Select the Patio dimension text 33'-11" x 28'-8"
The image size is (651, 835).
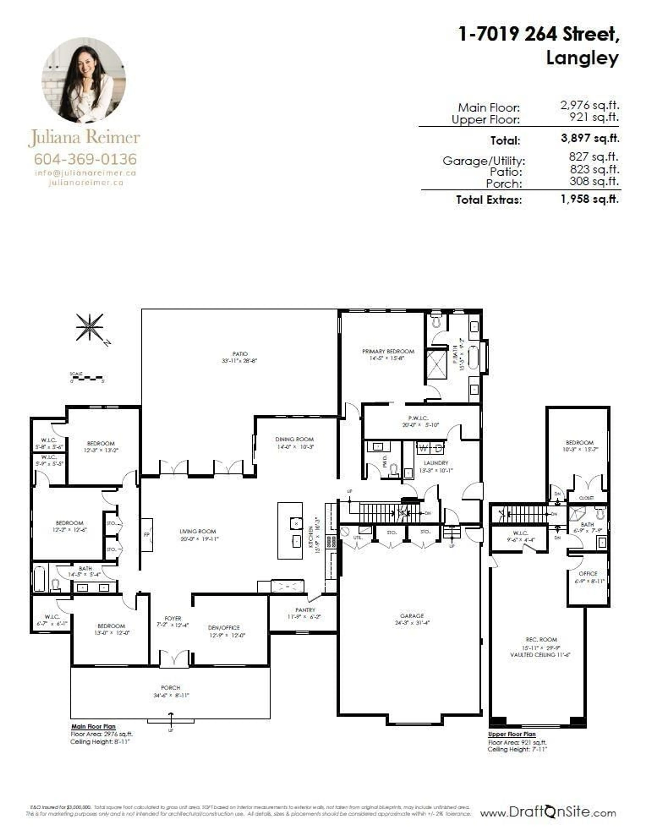(x=239, y=360)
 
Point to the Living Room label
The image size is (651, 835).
(x=198, y=531)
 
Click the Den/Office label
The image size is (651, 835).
(x=224, y=628)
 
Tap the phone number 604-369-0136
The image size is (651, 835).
(x=85, y=159)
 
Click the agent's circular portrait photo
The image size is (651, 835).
(x=84, y=80)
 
